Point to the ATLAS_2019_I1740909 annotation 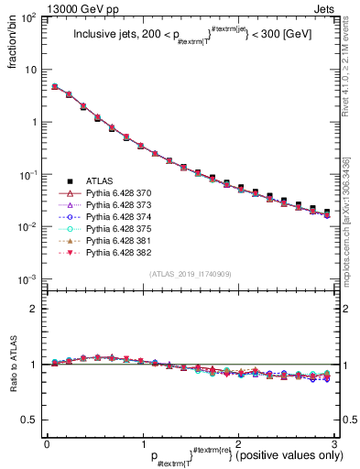(190, 274)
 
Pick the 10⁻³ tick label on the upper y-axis (29, 278)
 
